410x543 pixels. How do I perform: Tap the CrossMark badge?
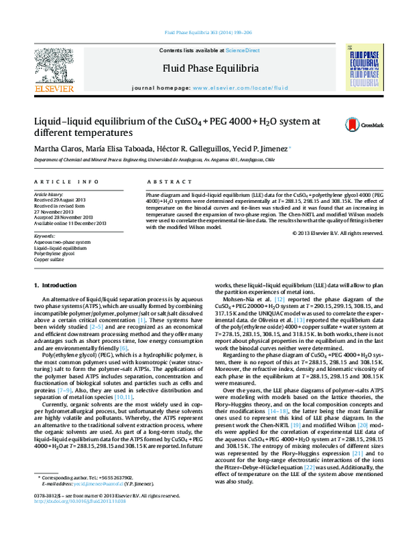[x=355, y=124]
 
